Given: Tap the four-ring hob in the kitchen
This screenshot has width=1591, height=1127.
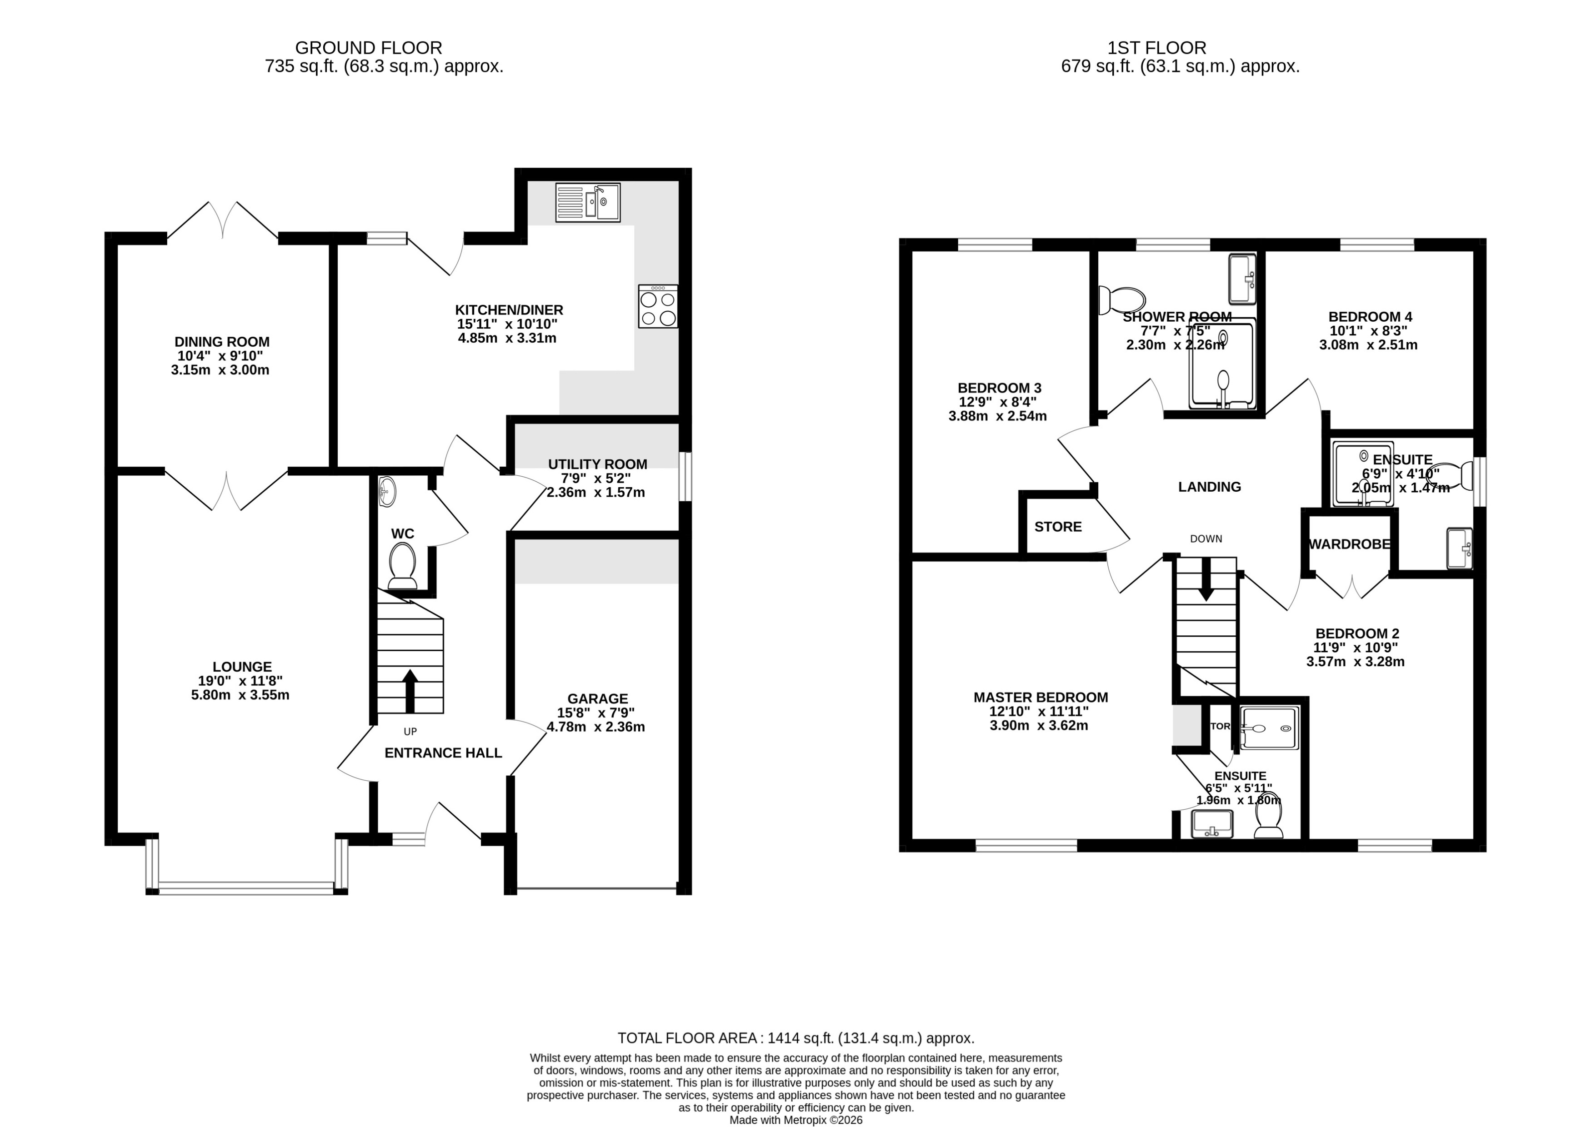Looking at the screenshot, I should click(x=657, y=307).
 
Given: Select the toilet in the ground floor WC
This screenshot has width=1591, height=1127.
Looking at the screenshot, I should click(x=402, y=566).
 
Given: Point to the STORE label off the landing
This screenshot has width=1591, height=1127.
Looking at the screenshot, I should click(x=1057, y=527).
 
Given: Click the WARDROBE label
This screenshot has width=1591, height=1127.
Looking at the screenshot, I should click(x=1350, y=544).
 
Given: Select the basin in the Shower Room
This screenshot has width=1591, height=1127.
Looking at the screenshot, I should click(x=1242, y=279).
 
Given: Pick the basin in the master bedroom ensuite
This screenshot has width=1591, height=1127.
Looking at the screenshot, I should click(x=1212, y=824).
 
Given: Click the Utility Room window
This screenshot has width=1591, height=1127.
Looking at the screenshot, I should click(x=685, y=476).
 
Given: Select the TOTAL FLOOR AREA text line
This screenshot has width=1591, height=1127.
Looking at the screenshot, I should click(x=795, y=1038).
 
